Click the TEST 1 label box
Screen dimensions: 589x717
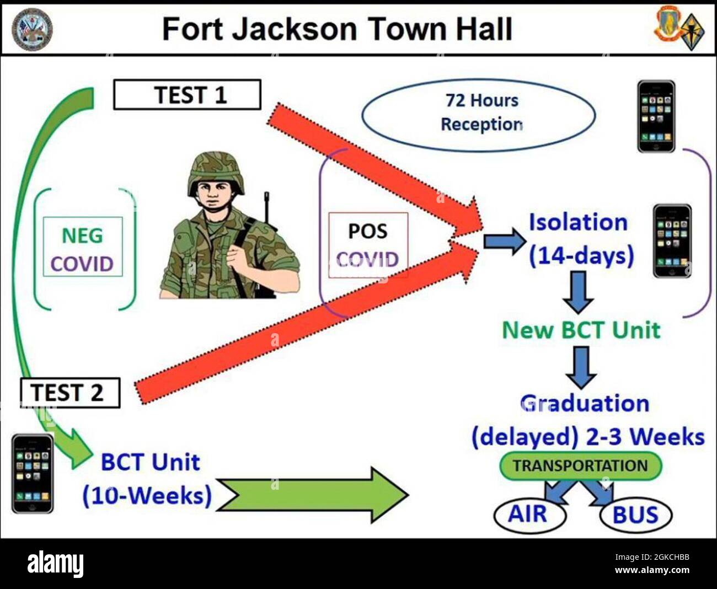tap(187, 95)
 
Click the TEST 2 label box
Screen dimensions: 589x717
tap(69, 393)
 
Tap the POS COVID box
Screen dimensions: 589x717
tap(368, 245)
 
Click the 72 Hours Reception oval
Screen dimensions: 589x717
tap(479, 114)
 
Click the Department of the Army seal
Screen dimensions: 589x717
tap(33, 29)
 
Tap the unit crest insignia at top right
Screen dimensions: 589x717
tap(679, 29)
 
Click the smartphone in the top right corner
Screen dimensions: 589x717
tap(656, 116)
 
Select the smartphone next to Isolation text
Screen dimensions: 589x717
tap(672, 240)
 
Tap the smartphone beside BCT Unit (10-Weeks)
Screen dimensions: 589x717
tap(33, 473)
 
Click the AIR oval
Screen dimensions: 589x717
tap(529, 514)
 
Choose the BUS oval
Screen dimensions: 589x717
tap(635, 515)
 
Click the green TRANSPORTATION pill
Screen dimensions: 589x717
tap(580, 466)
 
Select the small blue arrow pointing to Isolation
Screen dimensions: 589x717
tap(504, 241)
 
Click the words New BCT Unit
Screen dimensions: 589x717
tap(581, 330)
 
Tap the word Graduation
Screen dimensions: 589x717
tap(585, 403)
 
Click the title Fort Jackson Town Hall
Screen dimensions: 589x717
tap(337, 29)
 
